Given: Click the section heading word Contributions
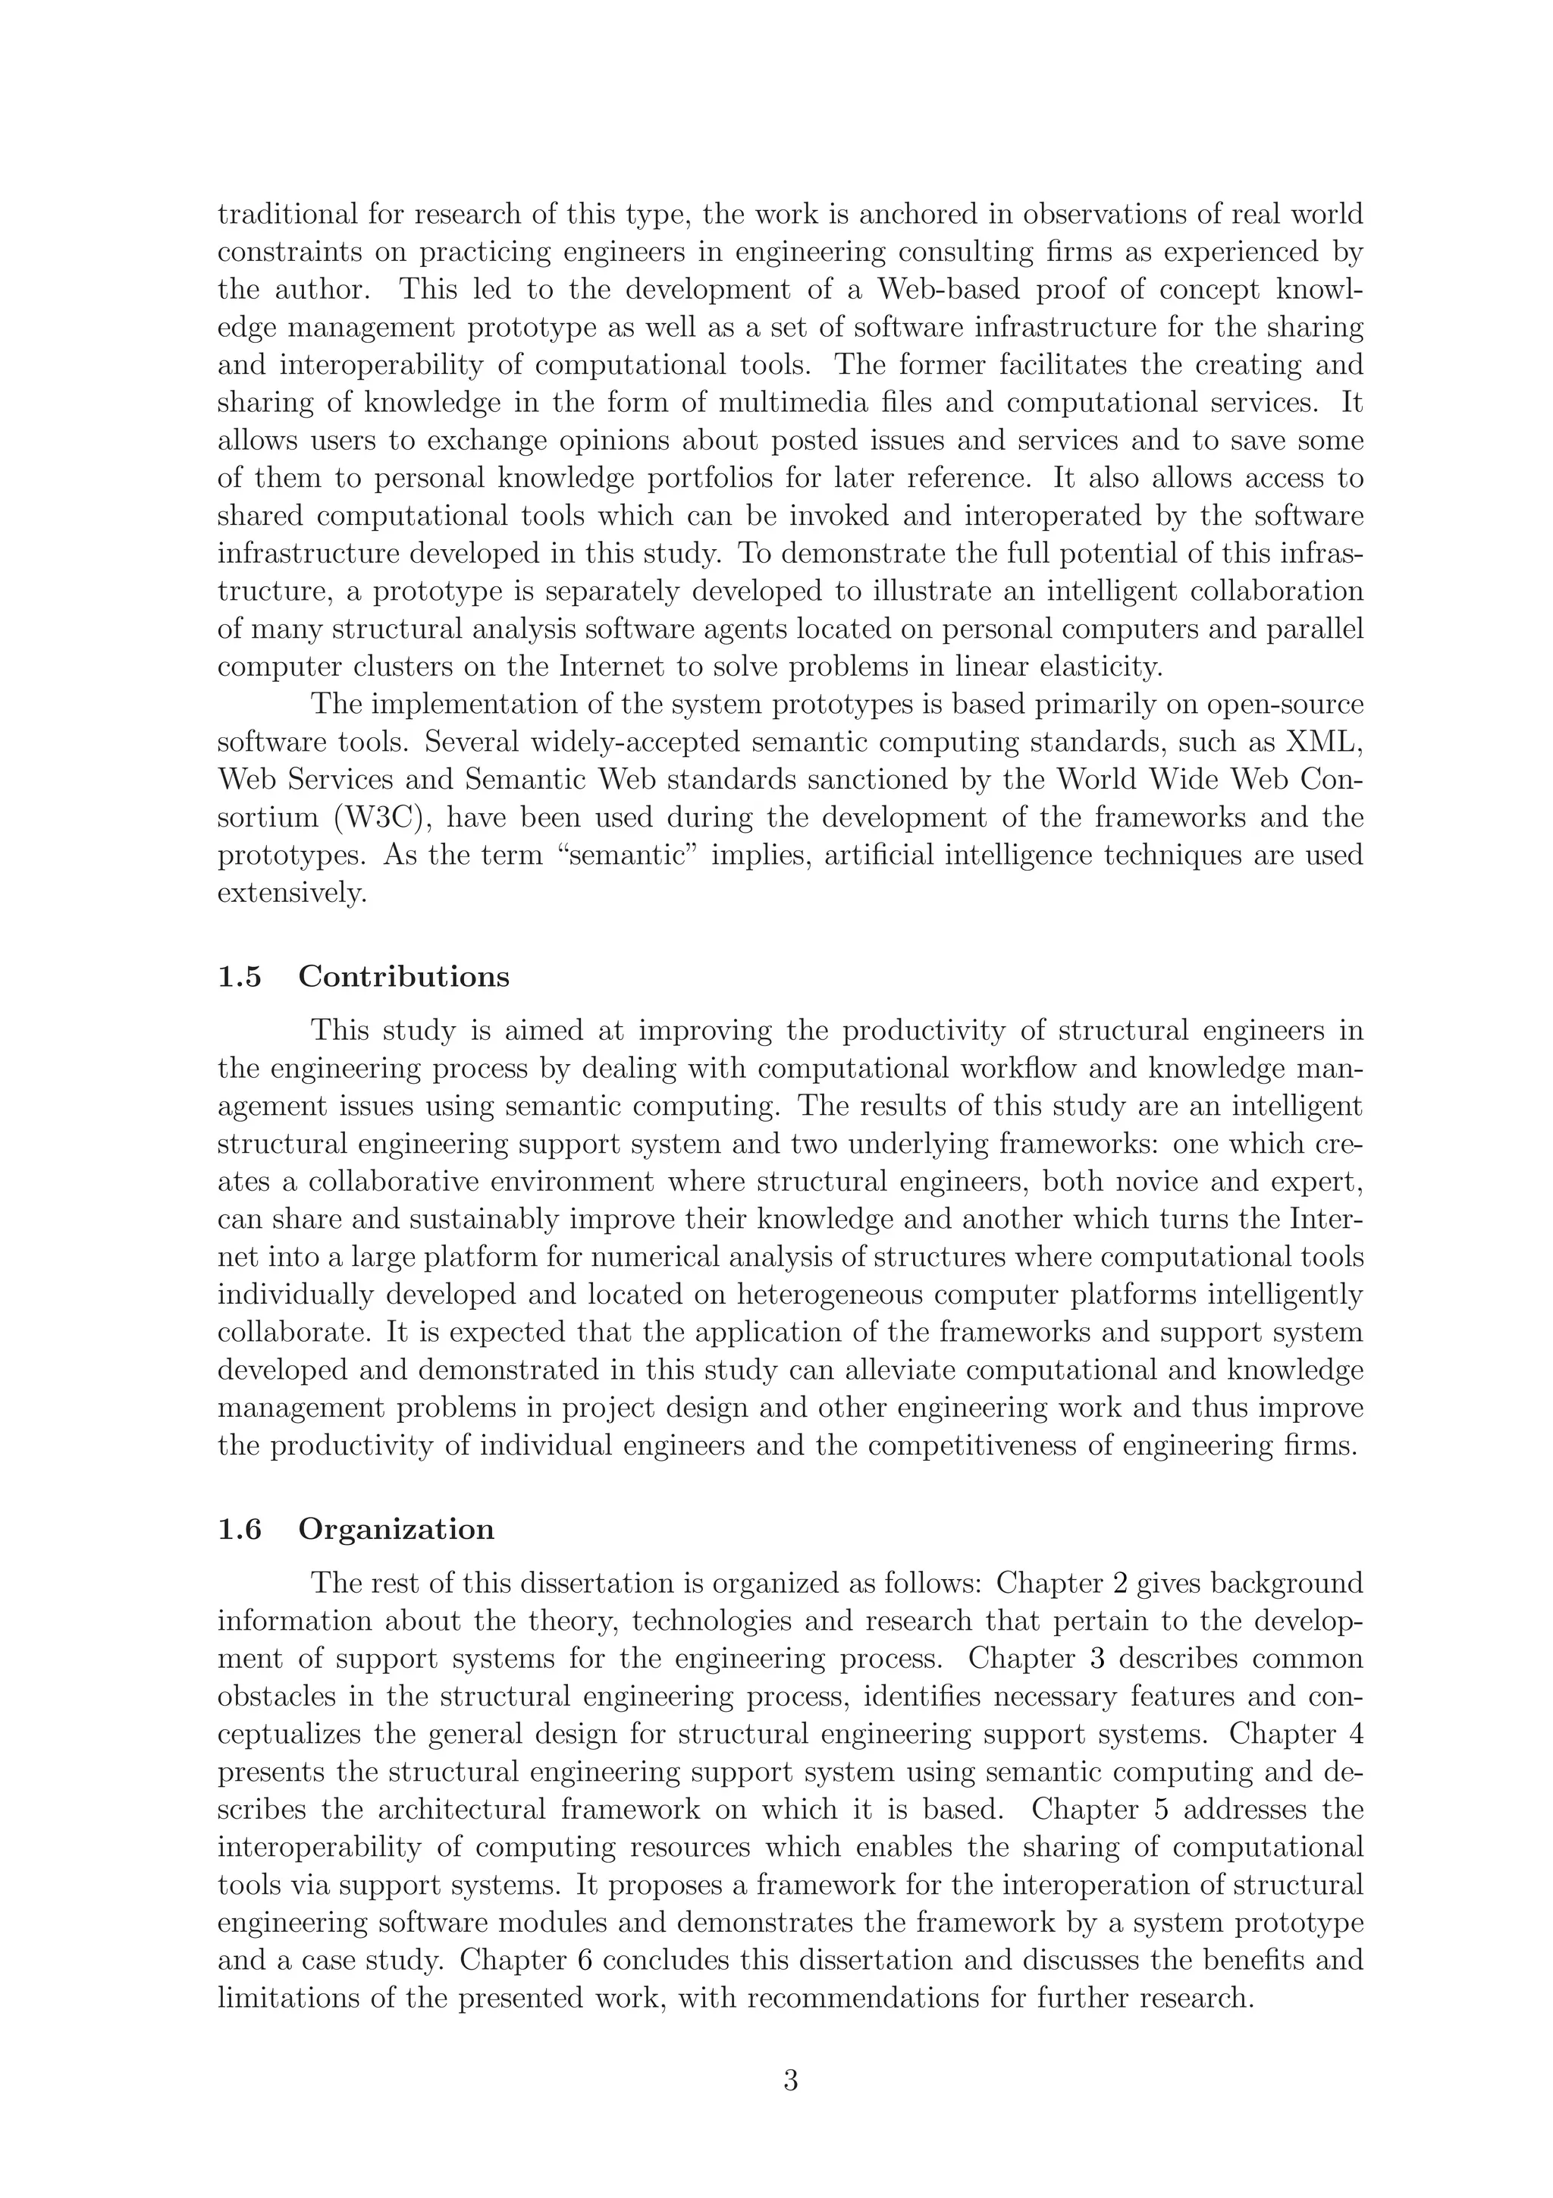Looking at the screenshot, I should (404, 978).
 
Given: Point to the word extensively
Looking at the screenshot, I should (292, 894).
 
